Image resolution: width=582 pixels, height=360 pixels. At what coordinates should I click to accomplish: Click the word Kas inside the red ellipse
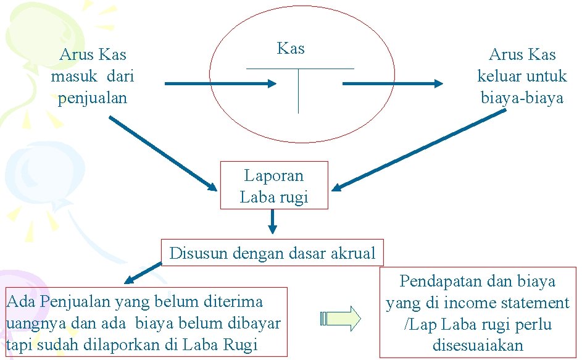coord(291,49)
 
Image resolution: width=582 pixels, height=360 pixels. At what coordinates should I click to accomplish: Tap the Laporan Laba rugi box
coord(274,186)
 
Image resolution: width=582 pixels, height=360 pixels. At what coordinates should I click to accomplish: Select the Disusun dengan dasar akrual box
coord(272,253)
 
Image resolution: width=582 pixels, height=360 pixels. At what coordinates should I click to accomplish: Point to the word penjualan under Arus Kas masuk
coord(93,98)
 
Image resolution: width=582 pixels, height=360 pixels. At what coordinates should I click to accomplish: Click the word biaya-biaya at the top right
coord(522,98)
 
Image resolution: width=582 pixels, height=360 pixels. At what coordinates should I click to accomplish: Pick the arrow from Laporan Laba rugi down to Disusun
coord(273,222)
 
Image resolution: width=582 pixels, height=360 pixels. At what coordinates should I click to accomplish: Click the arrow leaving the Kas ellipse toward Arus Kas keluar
coord(393,83)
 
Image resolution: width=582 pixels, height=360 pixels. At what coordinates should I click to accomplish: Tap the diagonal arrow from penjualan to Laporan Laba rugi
coord(163,154)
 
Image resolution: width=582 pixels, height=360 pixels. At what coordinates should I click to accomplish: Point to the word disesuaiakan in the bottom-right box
coord(478,346)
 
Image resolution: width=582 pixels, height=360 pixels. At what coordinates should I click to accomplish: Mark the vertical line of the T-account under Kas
coord(298,91)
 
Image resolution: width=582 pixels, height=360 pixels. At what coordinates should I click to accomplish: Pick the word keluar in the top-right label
coord(501,77)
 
